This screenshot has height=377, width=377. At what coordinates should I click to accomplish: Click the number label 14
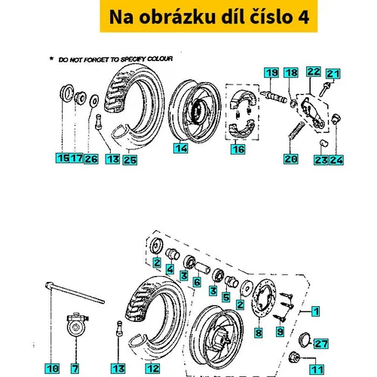[x=181, y=149]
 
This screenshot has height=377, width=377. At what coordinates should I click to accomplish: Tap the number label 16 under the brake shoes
[x=238, y=149]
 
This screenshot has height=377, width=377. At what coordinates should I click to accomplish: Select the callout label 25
[x=130, y=160]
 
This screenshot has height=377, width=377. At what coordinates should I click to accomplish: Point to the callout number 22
[x=314, y=72]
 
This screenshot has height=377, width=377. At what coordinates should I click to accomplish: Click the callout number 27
[x=321, y=344]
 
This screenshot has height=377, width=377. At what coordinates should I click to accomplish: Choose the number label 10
[x=52, y=369]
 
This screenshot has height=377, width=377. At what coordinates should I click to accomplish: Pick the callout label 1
[x=316, y=311]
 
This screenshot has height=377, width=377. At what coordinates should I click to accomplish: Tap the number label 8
[x=259, y=333]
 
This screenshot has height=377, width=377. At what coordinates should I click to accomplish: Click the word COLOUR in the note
[x=160, y=59]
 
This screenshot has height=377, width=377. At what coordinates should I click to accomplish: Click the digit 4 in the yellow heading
[x=303, y=17]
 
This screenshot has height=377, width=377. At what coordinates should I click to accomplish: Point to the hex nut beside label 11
[x=293, y=357]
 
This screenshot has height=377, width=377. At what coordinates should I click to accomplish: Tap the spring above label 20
[x=297, y=130]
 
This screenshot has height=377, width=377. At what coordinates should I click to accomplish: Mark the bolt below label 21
[x=324, y=89]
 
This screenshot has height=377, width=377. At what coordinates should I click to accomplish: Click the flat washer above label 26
[x=94, y=101]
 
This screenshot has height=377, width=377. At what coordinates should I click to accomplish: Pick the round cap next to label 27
[x=305, y=339]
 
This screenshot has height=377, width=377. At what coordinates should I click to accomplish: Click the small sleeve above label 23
[x=324, y=143]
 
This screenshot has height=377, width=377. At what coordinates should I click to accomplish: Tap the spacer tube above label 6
[x=203, y=268]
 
